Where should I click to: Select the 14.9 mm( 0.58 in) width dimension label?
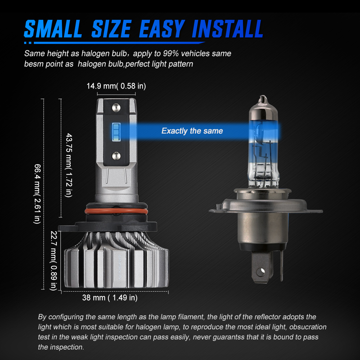[116, 86]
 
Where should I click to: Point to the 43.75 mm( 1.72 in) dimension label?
[69, 165]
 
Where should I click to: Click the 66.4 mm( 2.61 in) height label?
[37, 194]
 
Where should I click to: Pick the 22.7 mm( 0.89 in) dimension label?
[54, 261]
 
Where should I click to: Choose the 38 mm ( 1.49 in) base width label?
[110, 298]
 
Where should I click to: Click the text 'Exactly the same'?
[192, 131]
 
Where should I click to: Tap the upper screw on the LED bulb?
[116, 107]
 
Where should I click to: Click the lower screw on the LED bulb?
[116, 156]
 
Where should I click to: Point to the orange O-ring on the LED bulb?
[116, 211]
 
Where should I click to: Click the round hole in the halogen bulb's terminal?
[261, 272]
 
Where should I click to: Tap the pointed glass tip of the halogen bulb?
[263, 99]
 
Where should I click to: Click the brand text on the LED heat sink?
[120, 267]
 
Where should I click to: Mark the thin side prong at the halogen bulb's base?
[282, 265]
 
